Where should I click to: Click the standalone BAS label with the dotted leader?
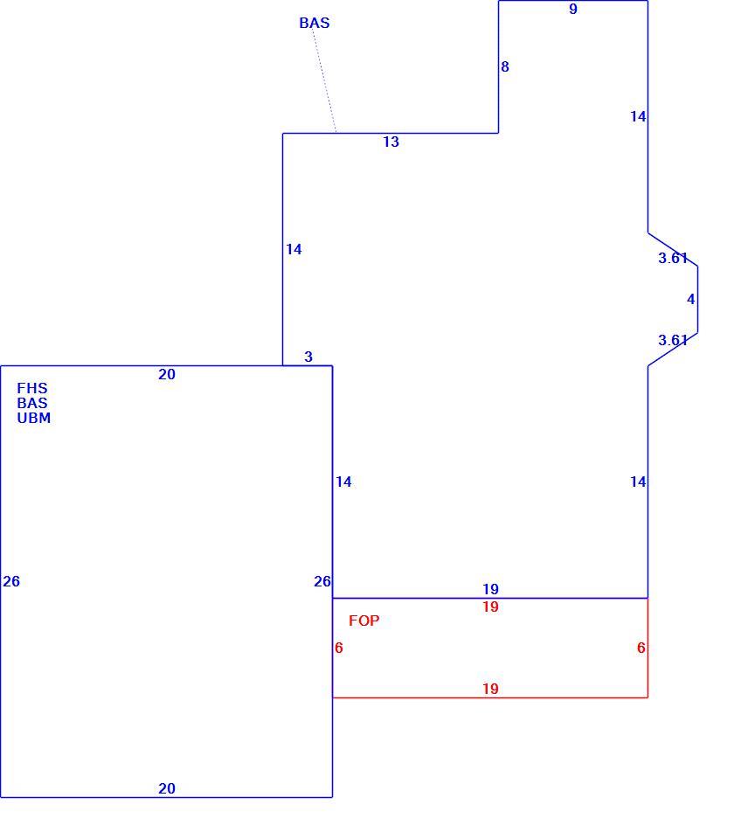[x=314, y=23]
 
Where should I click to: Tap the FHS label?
[x=32, y=388]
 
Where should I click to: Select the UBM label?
[x=34, y=418]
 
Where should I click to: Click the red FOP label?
[x=364, y=621]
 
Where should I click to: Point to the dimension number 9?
[x=573, y=9]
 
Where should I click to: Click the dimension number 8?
[x=504, y=67]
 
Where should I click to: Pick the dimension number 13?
[x=391, y=142]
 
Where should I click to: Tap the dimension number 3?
[x=308, y=357]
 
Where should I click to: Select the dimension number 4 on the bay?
[x=690, y=299]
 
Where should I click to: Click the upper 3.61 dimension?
[x=673, y=258]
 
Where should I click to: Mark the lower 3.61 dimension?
[x=673, y=340]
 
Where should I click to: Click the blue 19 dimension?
[x=490, y=589]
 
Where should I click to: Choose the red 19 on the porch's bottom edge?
[x=490, y=689]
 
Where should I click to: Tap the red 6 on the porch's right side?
[x=641, y=648]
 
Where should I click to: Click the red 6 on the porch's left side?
[x=339, y=648]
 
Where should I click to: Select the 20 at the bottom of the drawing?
[x=166, y=788]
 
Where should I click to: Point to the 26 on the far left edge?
[x=11, y=582]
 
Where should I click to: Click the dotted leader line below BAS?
[x=325, y=81]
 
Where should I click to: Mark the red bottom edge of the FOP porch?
[x=490, y=697]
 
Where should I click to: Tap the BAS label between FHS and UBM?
[x=32, y=403]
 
